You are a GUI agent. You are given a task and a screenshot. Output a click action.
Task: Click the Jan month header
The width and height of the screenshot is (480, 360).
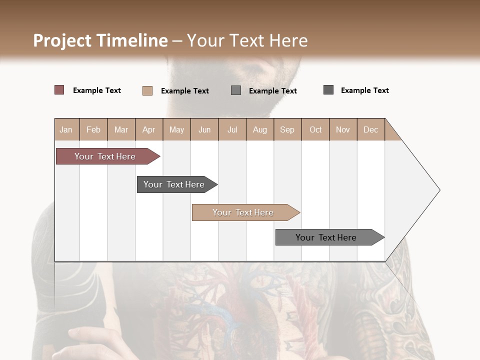pos(66,129)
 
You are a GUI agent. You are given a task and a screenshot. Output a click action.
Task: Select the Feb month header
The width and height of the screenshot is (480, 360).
pos(93,129)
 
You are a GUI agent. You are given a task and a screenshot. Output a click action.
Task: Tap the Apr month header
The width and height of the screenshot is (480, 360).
pos(148,129)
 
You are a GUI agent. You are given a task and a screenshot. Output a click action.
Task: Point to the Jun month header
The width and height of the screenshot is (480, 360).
pos(204,129)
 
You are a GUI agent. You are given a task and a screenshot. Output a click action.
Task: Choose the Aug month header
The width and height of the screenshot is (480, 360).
pos(259,129)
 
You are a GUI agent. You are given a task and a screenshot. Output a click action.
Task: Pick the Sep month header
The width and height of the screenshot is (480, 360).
pos(287,129)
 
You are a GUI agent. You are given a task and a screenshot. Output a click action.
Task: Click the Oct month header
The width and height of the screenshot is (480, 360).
pos(315,129)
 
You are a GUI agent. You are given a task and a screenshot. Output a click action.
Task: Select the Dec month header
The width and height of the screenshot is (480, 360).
pos(370,129)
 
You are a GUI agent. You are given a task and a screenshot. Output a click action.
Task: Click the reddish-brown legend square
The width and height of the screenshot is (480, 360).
pos(59,90)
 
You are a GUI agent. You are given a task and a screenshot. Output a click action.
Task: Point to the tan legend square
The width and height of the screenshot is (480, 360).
pos(147,90)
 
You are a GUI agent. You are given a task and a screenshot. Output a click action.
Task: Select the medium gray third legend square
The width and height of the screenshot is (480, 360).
pos(235,90)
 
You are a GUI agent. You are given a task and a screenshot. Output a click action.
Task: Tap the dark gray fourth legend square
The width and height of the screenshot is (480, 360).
pos(328,90)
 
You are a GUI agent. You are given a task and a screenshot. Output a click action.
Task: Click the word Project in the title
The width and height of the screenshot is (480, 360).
pos(62,40)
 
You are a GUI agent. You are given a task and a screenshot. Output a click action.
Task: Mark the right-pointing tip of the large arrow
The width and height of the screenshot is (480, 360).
pos(438,190)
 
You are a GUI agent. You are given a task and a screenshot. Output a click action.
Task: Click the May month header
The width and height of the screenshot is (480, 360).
pos(176,129)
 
